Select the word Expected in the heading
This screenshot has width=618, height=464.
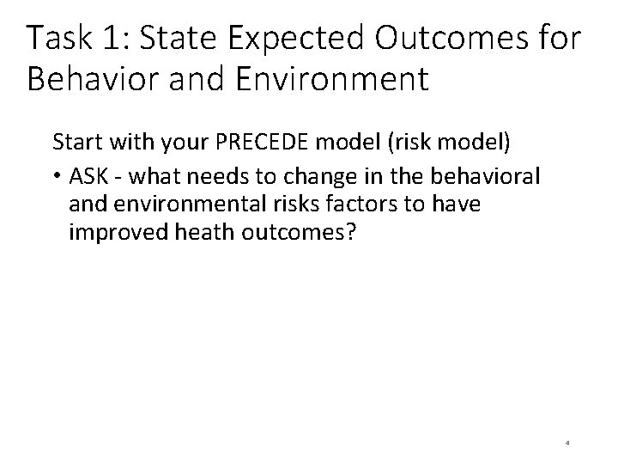(x=304, y=39)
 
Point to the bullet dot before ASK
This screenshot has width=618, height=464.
(x=57, y=177)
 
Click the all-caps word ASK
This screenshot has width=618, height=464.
(x=88, y=176)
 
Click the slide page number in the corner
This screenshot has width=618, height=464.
(x=568, y=444)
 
